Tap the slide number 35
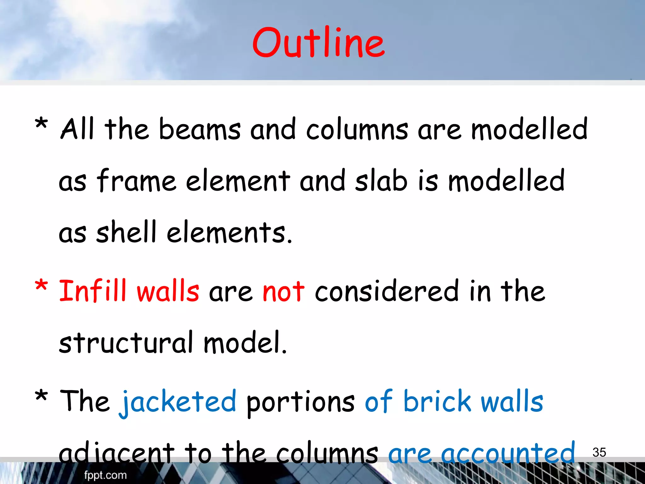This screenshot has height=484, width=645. (x=599, y=452)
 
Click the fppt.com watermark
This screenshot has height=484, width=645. (x=105, y=475)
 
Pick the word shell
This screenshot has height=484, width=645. (x=126, y=232)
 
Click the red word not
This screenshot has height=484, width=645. (x=283, y=291)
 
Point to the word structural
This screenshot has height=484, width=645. (x=126, y=343)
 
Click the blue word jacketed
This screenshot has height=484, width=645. (x=178, y=402)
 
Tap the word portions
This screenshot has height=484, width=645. (x=300, y=402)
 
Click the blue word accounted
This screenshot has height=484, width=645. (x=508, y=453)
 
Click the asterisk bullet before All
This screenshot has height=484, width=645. (x=41, y=124)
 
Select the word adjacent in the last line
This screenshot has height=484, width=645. (x=117, y=453)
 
